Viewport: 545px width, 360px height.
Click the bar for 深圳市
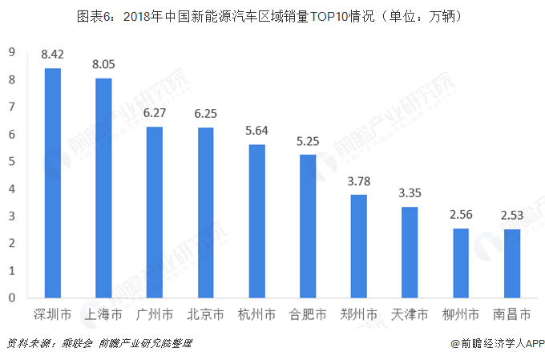[52, 183]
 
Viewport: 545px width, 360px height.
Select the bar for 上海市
[103, 188]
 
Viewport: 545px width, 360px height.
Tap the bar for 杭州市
[256, 220]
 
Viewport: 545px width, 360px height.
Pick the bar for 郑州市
[358, 246]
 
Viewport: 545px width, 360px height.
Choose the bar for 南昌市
[511, 263]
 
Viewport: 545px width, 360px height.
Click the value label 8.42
[52, 55]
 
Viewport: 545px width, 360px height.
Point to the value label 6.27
[154, 113]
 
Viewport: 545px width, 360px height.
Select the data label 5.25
[308, 141]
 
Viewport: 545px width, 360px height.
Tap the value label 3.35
[410, 193]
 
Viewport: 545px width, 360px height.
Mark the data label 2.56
[461, 215]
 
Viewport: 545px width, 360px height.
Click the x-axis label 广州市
[154, 313]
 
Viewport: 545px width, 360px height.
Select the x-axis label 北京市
[205, 313]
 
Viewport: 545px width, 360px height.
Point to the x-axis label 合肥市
[308, 313]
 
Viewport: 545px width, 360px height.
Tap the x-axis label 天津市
[410, 313]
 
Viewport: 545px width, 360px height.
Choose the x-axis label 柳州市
[461, 313]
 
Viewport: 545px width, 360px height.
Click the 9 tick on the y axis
[12, 53]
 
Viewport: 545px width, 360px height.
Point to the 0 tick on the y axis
[12, 297]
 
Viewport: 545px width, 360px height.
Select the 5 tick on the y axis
[12, 161]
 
